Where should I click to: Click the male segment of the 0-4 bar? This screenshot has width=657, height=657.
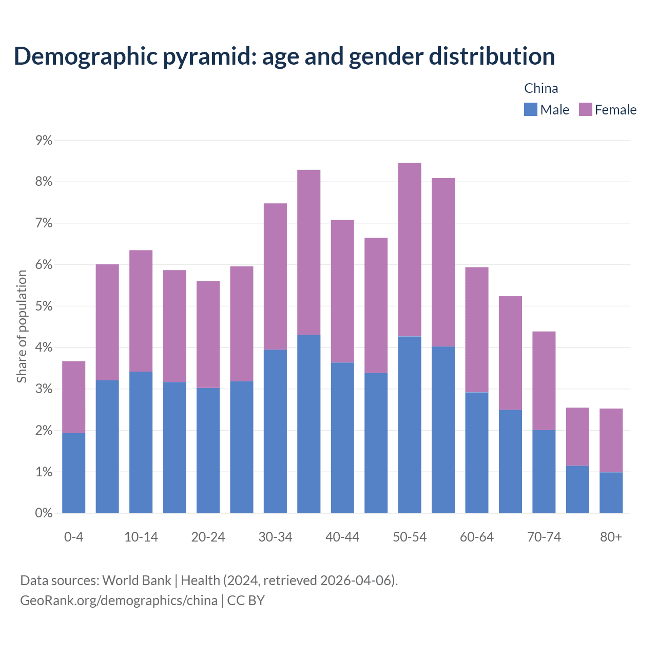[74, 473]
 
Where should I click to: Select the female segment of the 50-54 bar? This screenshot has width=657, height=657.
[410, 249]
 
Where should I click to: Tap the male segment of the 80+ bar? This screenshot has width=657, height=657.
[611, 492]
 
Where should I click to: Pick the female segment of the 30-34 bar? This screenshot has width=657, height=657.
[275, 277]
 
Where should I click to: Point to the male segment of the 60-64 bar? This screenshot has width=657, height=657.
[477, 452]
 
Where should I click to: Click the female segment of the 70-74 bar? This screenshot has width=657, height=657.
[544, 380]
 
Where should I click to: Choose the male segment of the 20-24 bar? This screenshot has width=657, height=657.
[208, 450]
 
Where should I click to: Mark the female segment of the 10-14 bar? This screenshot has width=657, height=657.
[141, 311]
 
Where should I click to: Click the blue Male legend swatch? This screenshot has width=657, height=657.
[530, 109]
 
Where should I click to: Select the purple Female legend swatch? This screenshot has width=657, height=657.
[585, 109]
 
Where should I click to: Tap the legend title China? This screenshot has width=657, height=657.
[541, 88]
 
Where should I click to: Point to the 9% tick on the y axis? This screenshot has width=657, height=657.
[44, 140]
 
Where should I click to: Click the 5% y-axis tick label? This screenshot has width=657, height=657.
[44, 306]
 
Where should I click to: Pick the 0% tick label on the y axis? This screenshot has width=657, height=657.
[44, 513]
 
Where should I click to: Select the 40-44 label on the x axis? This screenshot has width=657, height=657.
[342, 537]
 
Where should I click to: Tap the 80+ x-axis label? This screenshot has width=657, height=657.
[611, 537]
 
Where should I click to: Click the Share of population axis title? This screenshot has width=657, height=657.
[22, 326]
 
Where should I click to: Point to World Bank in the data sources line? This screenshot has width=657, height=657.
[137, 581]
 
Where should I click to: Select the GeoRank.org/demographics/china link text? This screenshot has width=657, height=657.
[119, 600]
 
